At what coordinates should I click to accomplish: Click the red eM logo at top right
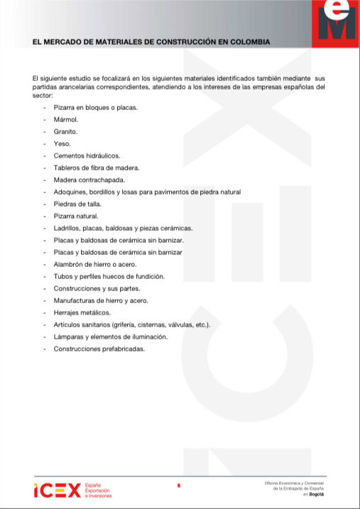coord(337,20)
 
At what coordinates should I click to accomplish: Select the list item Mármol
coord(65,119)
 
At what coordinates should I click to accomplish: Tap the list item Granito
coord(65,131)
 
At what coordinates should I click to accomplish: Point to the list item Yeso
coord(62,143)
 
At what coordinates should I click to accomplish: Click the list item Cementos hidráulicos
coord(87,155)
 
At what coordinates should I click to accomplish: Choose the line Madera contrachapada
coord(88,180)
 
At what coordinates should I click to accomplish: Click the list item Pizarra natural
coord(76,216)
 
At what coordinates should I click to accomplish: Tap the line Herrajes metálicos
coord(82,312)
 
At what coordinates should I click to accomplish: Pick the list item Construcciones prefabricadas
coord(99,349)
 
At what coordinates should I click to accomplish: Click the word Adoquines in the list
coord(70,192)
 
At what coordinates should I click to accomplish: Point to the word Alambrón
coord(69,264)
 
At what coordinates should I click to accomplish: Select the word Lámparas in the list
coord(68,336)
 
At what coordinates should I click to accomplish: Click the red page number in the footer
coord(179,486)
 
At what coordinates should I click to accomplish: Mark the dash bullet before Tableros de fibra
coord(45,168)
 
